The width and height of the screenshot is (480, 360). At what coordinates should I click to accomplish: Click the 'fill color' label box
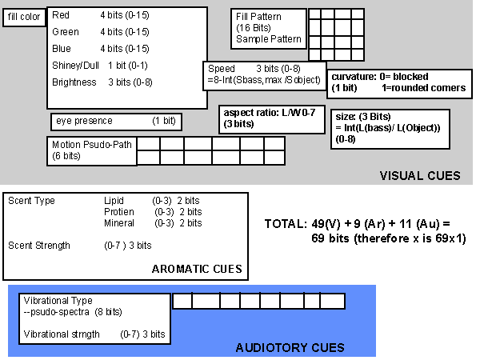click(24, 18)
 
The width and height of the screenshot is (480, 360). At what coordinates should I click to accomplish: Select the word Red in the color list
click(61, 15)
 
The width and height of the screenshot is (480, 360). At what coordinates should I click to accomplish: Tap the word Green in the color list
click(66, 32)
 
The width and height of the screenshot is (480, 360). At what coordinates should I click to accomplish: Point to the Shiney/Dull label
click(75, 66)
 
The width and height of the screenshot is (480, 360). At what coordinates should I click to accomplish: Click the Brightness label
click(74, 82)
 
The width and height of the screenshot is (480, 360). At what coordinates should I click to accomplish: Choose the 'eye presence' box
click(116, 122)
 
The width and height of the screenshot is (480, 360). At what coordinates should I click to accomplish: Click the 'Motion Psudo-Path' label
click(92, 145)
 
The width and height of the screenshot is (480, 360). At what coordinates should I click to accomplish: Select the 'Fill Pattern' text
click(258, 17)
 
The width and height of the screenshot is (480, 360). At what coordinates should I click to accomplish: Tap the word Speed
click(222, 69)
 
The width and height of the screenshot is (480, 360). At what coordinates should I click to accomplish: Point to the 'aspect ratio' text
click(251, 113)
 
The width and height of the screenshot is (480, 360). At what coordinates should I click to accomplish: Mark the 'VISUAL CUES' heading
click(420, 176)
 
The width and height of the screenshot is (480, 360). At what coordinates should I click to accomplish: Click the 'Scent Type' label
click(31, 201)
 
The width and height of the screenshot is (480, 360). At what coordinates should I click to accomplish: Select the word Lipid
click(114, 201)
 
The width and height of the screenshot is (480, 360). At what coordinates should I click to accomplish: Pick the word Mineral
click(119, 223)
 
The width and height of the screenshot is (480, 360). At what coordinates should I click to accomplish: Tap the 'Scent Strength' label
click(39, 246)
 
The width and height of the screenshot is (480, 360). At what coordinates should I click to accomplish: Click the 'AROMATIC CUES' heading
click(197, 269)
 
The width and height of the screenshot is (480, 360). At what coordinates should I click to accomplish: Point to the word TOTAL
click(286, 224)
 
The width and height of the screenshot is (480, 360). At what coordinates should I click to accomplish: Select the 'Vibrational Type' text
click(58, 301)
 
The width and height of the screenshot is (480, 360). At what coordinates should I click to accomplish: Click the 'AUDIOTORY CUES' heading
click(290, 348)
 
